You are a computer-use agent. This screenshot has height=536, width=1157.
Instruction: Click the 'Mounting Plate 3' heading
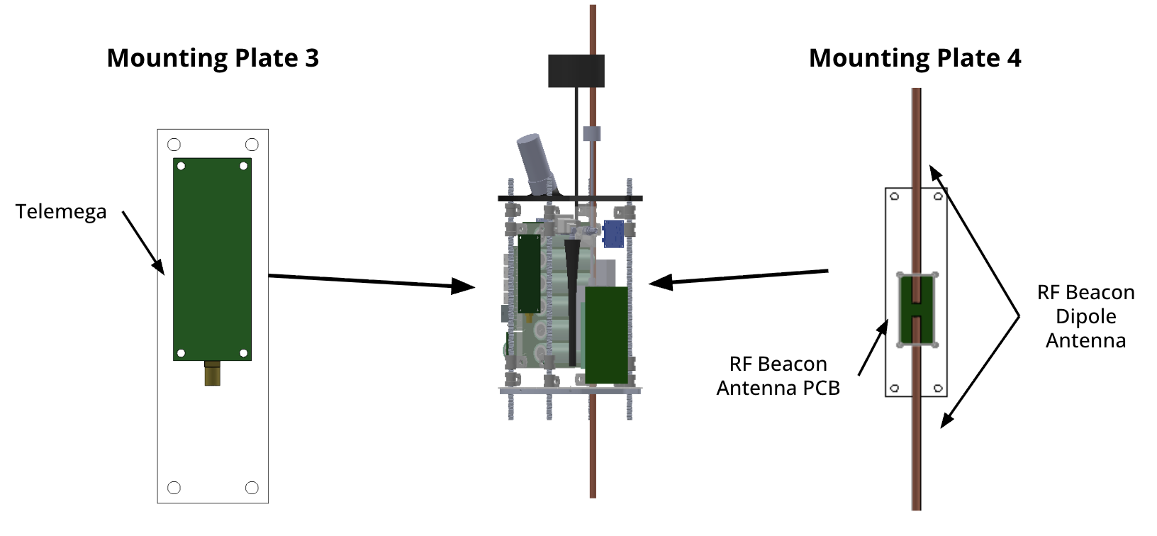tap(213, 58)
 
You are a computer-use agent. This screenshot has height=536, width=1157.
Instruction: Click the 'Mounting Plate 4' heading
tap(915, 58)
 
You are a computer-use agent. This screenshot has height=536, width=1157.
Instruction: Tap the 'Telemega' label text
tap(61, 211)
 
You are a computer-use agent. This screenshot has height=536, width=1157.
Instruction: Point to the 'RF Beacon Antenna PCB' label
tap(778, 376)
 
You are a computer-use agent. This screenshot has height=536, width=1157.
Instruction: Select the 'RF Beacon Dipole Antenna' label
tap(1085, 316)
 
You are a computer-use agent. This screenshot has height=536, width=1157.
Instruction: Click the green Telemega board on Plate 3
tap(212, 259)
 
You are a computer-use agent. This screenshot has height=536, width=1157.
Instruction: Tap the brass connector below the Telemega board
tap(212, 373)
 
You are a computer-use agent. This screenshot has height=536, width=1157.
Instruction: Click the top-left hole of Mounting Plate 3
tap(174, 145)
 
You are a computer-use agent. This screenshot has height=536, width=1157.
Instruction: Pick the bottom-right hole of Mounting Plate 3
tap(252, 488)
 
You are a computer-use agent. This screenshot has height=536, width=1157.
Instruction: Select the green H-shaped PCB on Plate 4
tap(917, 310)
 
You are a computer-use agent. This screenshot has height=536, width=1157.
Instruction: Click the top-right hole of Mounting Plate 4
tap(938, 196)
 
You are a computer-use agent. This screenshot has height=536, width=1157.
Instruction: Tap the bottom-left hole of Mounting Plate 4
tap(895, 388)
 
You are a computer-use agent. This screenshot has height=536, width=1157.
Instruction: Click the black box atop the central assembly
tap(576, 71)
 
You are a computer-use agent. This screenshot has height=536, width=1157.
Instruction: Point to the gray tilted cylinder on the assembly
tap(536, 162)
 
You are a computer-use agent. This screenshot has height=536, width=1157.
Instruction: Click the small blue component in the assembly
tap(613, 233)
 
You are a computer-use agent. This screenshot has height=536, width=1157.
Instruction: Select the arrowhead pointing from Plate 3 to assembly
tap(464, 286)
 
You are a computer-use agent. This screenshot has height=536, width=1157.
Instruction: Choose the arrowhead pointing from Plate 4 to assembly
tap(659, 283)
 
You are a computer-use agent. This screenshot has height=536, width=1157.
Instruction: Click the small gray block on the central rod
tap(591, 133)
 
